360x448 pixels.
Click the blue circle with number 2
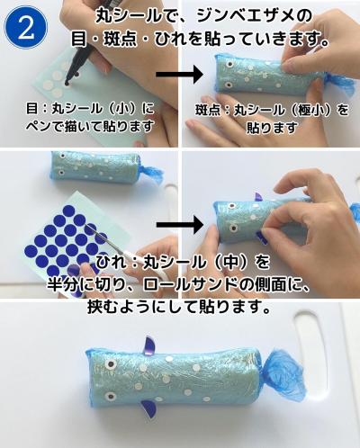[x=26, y=28]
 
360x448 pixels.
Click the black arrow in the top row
[x=179, y=75]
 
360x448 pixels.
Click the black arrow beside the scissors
[x=179, y=225]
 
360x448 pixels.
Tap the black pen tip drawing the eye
[x=67, y=82]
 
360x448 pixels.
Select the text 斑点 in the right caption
[x=208, y=110]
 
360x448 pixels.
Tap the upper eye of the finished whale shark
[x=111, y=364]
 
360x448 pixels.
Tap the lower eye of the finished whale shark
[x=111, y=397]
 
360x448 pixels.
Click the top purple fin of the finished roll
[x=149, y=346]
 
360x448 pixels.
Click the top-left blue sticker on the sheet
[x=68, y=211]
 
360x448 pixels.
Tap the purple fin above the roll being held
[x=258, y=197]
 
